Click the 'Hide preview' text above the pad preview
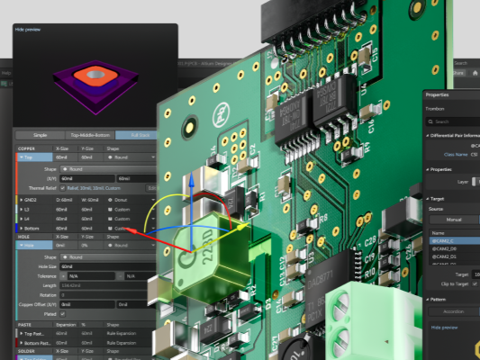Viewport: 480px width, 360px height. tap(27, 30)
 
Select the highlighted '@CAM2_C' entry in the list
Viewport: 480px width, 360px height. tap(445, 240)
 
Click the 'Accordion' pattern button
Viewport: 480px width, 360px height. tap(453, 312)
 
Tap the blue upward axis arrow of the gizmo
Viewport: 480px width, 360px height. tap(191, 179)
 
